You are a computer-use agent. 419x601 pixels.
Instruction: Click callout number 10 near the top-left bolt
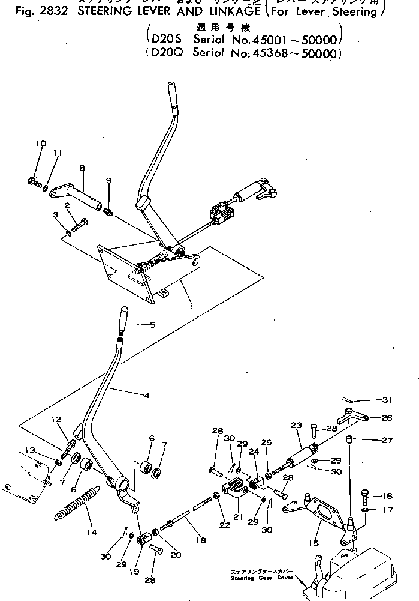[41, 143]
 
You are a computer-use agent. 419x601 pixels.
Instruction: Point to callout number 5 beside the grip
[152, 325]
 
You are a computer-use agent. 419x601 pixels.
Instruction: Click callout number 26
[388, 418]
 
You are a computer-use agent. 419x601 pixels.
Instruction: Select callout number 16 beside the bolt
[388, 496]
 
